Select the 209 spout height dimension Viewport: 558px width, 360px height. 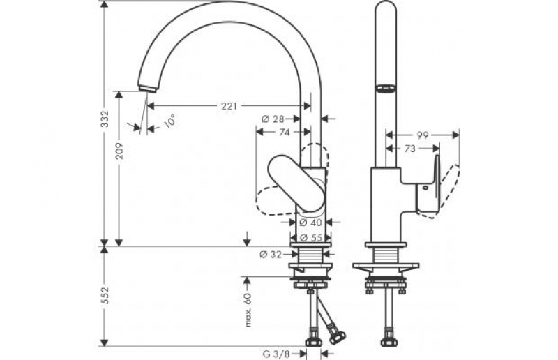click(x=119, y=151)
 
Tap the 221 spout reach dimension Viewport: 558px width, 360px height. click(x=229, y=106)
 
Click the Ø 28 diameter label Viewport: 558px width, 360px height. click(x=273, y=119)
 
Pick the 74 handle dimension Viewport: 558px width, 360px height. click(x=284, y=132)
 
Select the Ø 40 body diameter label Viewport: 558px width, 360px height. click(x=310, y=222)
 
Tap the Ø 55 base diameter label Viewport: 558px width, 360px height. click(x=310, y=237)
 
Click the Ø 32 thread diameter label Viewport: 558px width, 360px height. click(x=271, y=254)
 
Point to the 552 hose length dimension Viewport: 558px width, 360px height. click(x=104, y=295)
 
